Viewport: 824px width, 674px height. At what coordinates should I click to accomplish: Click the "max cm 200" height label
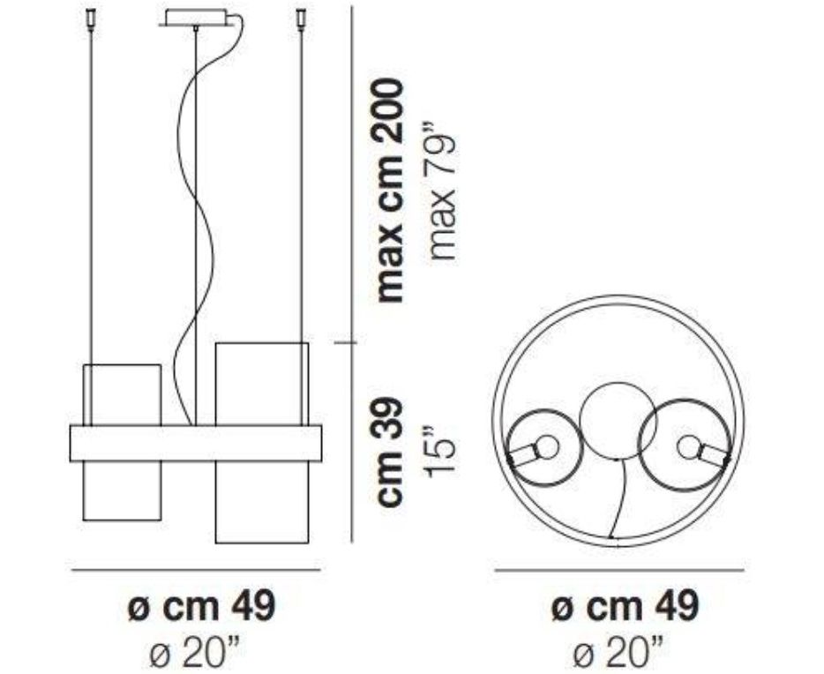point(391,191)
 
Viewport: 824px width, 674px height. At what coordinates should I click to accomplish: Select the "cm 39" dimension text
point(391,452)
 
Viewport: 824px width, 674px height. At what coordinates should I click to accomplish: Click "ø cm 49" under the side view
point(202,606)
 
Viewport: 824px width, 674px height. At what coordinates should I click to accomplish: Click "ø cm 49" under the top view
point(625,606)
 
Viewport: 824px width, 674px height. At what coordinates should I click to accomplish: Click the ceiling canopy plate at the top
point(196,18)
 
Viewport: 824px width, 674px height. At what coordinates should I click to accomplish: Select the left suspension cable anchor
point(92,20)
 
